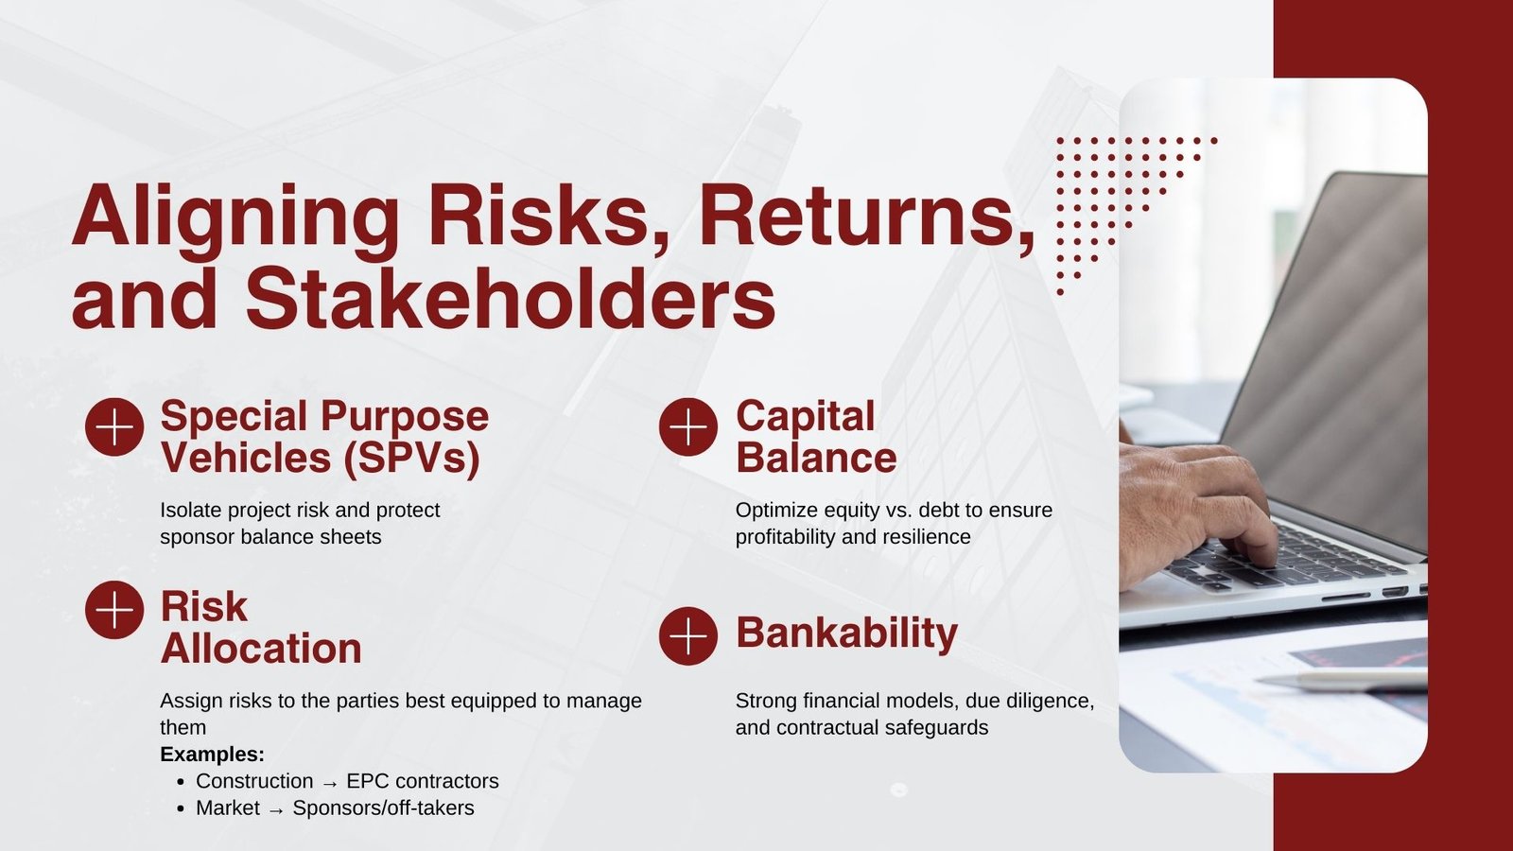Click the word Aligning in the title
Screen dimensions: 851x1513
tap(235, 217)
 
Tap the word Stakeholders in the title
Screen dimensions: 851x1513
tap(511, 299)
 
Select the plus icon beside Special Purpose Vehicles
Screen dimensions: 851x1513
tap(114, 427)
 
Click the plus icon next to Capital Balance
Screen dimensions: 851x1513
tap(688, 427)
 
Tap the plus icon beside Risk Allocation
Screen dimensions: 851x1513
tap(114, 610)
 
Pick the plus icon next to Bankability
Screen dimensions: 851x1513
tap(688, 635)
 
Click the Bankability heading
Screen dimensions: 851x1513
tap(846, 633)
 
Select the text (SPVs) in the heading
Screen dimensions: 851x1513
tap(411, 459)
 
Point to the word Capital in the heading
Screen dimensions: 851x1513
tap(806, 416)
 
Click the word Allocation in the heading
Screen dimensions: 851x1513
tap(261, 649)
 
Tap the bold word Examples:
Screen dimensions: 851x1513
tap(212, 755)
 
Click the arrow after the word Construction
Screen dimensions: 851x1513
tap(330, 783)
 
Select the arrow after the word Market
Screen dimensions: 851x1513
tap(276, 810)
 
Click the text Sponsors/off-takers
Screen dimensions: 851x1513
tap(383, 808)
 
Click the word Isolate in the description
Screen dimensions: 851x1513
tap(191, 511)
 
